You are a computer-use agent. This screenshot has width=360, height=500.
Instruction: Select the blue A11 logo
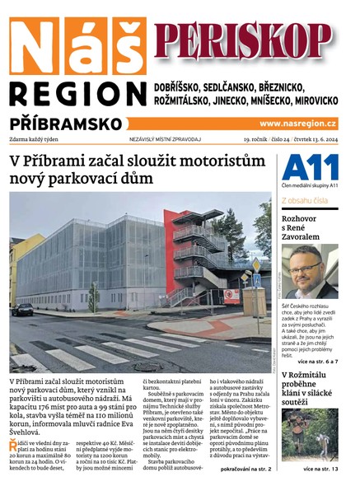pyautogui.click(x=309, y=169)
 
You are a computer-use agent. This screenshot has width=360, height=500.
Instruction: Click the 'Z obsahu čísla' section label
pyautogui.click(x=305, y=201)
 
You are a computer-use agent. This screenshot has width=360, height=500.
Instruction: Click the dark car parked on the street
pyautogui.click(x=22, y=310)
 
